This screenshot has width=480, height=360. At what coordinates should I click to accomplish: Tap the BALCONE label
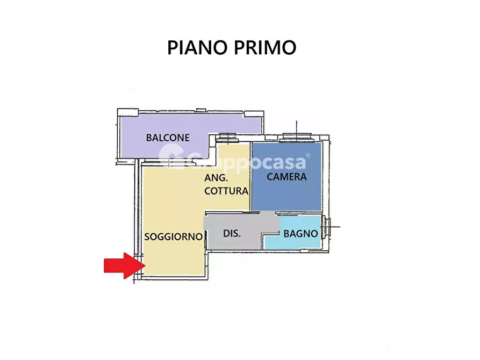168,138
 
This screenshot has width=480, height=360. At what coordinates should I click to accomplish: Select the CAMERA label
287,176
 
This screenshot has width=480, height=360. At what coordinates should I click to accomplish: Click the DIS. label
232,234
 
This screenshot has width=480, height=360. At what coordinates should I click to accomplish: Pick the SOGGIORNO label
173,236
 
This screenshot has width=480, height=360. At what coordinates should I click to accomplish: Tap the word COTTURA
226,191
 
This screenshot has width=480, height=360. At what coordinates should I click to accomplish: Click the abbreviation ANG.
217,178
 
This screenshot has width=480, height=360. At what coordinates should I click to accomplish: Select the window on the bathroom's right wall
327,228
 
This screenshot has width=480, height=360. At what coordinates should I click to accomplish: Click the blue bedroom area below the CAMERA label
287,196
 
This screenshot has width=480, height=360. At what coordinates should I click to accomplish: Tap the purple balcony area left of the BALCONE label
132,138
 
